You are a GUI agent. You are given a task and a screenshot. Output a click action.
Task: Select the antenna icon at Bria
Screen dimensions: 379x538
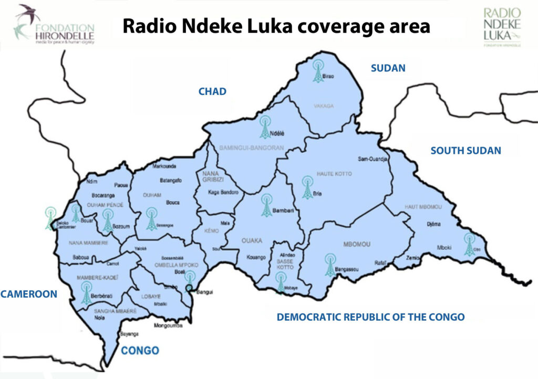[x=307, y=188]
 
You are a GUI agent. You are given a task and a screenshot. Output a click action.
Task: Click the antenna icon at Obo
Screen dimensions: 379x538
[x=469, y=245]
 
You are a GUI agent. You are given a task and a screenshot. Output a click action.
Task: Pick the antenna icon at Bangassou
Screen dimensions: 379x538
[x=329, y=265]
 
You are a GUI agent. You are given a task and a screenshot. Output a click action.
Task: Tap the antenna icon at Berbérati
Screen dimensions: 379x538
[x=86, y=293]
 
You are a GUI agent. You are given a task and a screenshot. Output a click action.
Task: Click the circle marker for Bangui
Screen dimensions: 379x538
[x=189, y=288]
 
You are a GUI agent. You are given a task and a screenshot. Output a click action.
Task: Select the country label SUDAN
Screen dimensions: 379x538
[x=388, y=68]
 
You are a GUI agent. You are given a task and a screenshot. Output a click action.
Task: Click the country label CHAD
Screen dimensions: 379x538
[x=212, y=92]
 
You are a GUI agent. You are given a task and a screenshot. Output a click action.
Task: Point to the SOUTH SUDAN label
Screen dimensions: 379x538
[x=465, y=151]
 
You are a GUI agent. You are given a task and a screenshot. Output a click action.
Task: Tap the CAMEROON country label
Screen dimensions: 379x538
[x=28, y=294]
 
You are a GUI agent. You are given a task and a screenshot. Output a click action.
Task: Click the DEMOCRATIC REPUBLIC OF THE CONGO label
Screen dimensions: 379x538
[x=370, y=317]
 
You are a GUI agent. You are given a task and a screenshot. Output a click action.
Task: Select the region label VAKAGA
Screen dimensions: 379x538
[x=324, y=106]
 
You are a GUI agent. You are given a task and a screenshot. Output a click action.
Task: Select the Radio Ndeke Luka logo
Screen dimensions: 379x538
[x=501, y=27]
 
